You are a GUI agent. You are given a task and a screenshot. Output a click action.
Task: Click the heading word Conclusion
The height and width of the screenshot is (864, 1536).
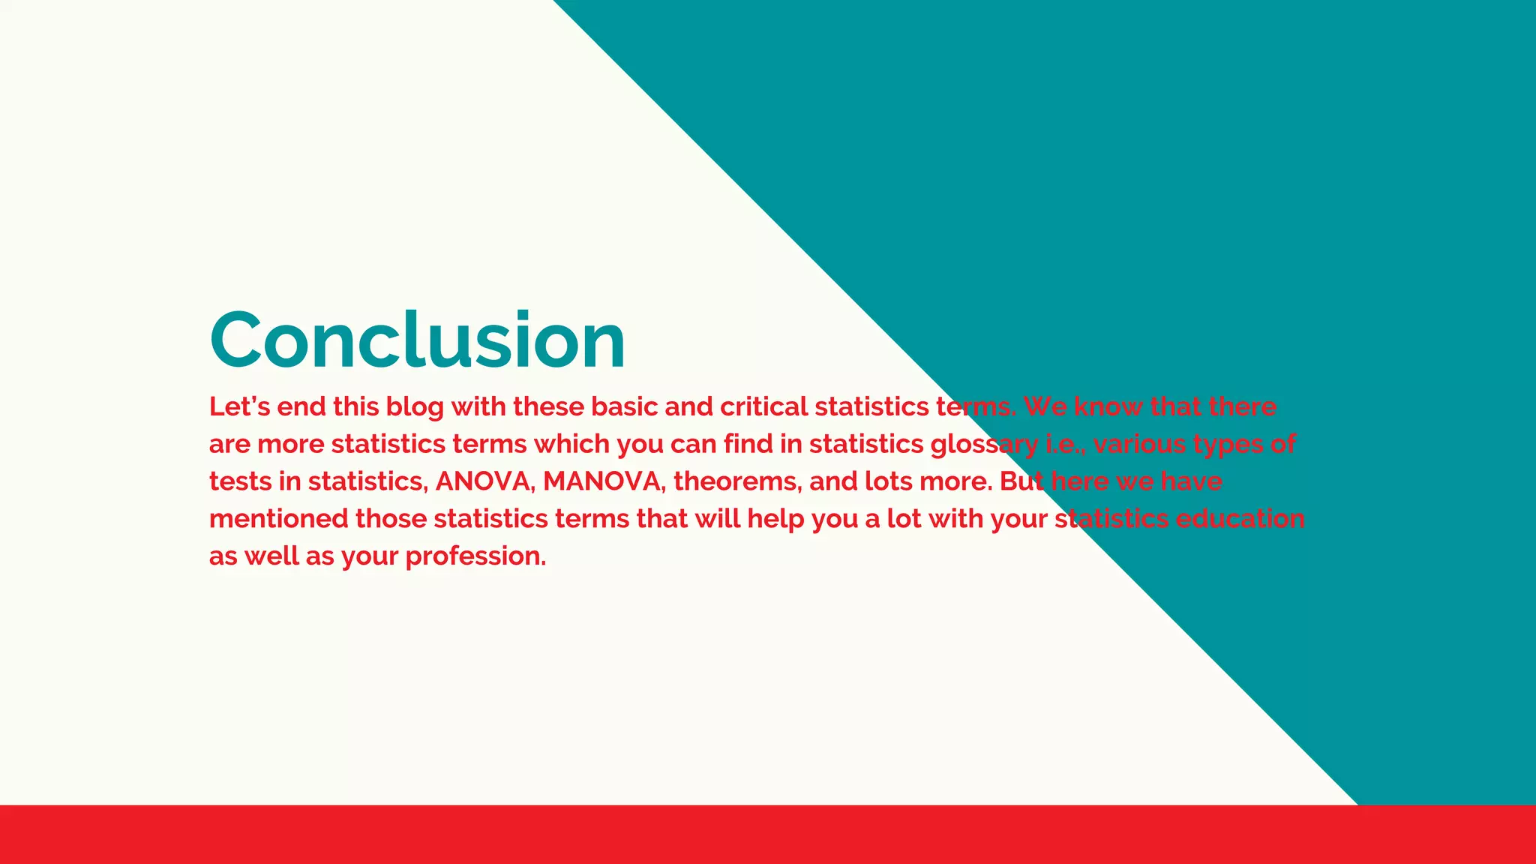[418, 340]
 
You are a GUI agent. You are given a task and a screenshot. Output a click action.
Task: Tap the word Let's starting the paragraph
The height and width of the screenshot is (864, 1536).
[239, 406]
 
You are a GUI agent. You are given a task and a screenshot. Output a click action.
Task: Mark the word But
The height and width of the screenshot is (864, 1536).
[1021, 481]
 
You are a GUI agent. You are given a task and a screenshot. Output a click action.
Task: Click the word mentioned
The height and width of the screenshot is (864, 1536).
[278, 519]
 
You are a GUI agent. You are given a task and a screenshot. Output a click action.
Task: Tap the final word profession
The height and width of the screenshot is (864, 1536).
[475, 557]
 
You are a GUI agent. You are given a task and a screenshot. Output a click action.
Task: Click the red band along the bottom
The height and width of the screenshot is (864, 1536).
[768, 834]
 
